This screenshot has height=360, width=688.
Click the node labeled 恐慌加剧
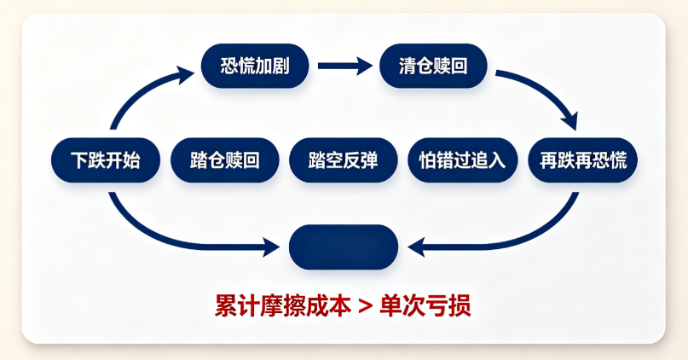coord(255,66)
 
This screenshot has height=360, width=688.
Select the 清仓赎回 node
coord(433,66)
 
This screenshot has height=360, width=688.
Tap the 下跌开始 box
coord(106,160)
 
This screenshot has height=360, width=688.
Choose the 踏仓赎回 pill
coord(225,160)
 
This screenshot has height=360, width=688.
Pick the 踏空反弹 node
coord(343,160)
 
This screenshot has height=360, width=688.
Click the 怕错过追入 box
coord(462,160)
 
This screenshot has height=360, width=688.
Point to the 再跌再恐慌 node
coord(582,160)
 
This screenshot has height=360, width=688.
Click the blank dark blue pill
coord(343,247)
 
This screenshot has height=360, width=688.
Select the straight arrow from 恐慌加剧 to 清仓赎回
coord(345,66)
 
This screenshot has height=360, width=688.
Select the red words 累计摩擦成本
coord(283,305)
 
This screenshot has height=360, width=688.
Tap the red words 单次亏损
coord(425,305)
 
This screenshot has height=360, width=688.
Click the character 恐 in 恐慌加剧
coord(229,66)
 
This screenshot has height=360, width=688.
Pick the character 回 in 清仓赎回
coord(459,66)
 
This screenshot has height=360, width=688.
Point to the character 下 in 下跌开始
coord(79,160)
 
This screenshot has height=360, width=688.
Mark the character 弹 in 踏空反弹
coord(369,160)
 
